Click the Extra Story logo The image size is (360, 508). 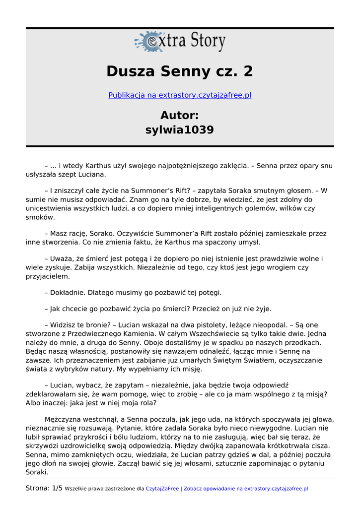click(180, 42)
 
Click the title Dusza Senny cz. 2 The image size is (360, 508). click(180, 71)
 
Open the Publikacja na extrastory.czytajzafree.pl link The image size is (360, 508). click(180, 95)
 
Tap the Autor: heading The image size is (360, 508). click(180, 116)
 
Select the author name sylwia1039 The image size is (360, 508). click(180, 130)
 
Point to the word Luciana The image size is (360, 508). click(91, 175)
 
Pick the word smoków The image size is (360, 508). click(40, 217)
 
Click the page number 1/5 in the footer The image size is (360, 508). click(57, 489)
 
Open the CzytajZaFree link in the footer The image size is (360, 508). click(162, 489)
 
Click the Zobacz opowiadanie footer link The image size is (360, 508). click(245, 489)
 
